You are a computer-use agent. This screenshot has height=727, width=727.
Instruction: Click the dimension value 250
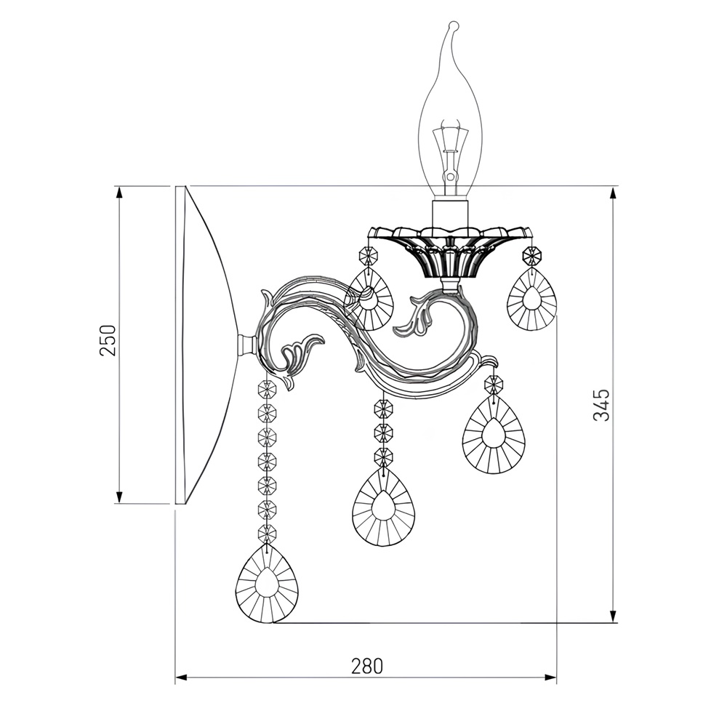[x=108, y=340]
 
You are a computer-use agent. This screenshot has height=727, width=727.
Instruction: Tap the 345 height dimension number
[x=601, y=405]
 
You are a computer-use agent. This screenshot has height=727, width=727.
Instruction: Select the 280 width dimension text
[x=367, y=666]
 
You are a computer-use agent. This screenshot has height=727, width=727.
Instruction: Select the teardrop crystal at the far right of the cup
[x=531, y=299]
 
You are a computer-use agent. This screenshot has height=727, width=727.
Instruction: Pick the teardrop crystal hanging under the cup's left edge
[x=370, y=300]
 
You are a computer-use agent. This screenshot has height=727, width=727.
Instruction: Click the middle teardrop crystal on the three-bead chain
[x=383, y=507]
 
